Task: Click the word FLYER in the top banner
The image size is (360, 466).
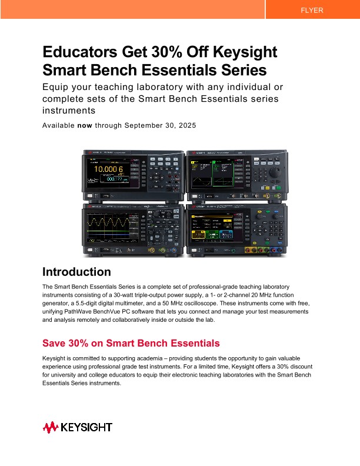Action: coord(312,11)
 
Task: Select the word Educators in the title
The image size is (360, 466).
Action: coord(78,52)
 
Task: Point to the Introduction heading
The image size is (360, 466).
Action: coord(76,272)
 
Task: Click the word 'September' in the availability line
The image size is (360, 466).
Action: coord(144,125)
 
